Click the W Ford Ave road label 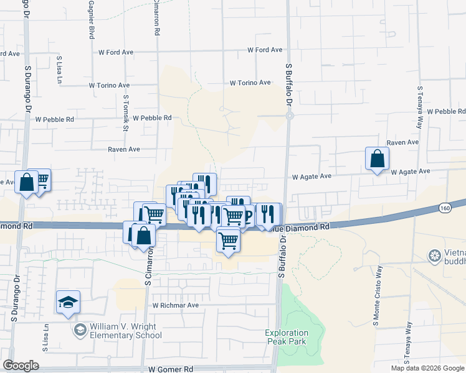(265, 50)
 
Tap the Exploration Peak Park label (286, 337)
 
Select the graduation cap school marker (69, 303)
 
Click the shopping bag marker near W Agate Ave (378, 159)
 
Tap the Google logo (21, 366)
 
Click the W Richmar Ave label (176, 305)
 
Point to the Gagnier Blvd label (92, 20)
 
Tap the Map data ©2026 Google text (427, 368)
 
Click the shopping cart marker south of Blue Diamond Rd (229, 240)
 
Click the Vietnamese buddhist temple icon (435, 255)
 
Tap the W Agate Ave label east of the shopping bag (411, 171)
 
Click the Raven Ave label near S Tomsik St (124, 149)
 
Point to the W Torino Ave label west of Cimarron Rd (110, 85)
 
